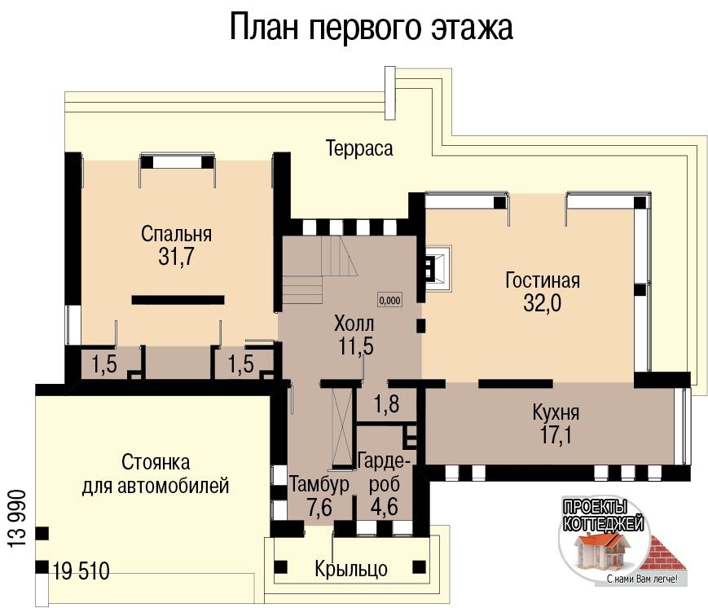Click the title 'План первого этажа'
(372, 28)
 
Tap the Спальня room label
(176, 234)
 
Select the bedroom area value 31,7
(176, 257)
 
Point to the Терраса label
(359, 148)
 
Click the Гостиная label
(543, 280)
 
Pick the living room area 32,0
(543, 303)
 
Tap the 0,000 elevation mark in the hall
(389, 300)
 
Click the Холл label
(354, 324)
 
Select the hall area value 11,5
(356, 346)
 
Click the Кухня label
(556, 412)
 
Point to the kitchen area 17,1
(556, 435)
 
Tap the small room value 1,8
(387, 403)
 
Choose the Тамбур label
(319, 485)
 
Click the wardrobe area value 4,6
(385, 506)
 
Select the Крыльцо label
(351, 569)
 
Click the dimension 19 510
(81, 571)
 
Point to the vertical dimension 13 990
(17, 518)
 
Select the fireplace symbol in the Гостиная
(438, 267)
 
